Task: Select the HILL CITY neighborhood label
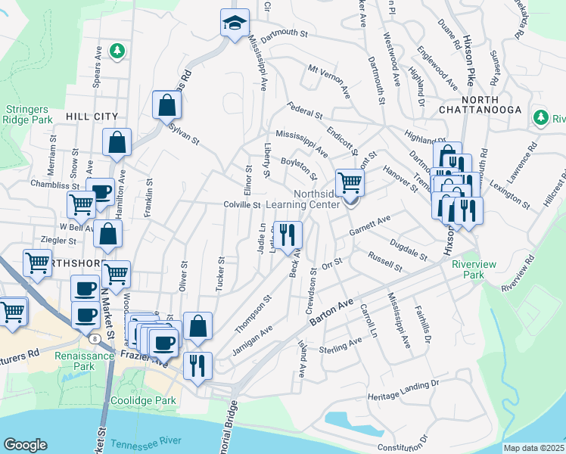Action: tap(92, 116)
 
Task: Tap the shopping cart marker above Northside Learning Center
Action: tap(350, 182)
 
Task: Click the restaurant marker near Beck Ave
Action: tap(288, 235)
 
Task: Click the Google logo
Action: tap(25, 445)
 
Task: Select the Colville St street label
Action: tap(242, 204)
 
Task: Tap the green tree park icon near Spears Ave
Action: tap(117, 51)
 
